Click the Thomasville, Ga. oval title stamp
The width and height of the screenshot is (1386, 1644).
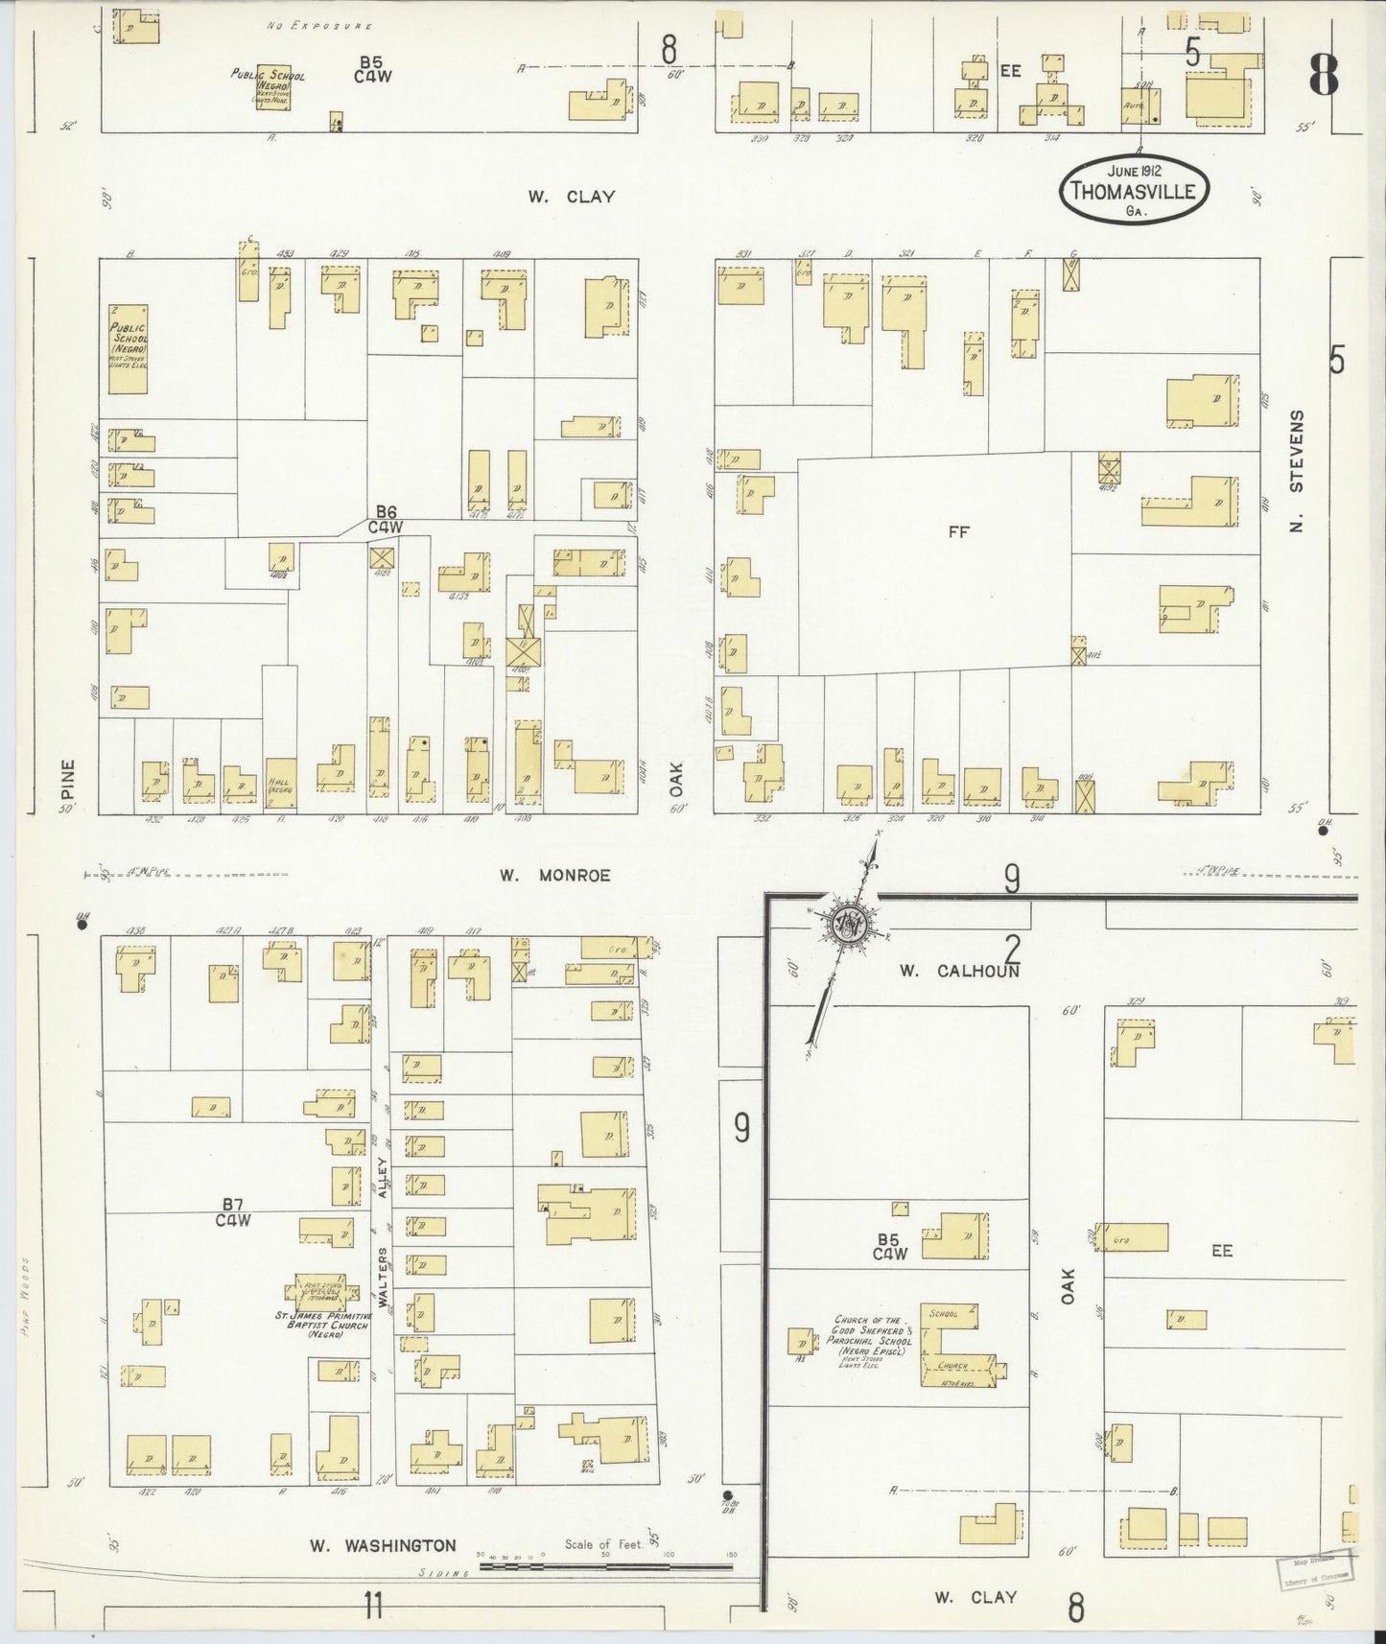[1134, 189]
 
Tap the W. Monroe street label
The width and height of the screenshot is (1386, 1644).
[554, 875]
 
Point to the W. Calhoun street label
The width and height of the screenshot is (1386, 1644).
[958, 971]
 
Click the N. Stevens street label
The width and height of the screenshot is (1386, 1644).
[1297, 473]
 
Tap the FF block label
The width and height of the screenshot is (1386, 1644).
[958, 532]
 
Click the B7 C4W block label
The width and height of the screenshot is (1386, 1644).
[232, 1212]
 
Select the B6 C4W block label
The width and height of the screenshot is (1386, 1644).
[388, 519]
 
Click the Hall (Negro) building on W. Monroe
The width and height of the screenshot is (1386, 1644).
[280, 786]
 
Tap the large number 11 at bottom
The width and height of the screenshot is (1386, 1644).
[372, 1604]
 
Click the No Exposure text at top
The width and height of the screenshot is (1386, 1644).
[319, 26]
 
